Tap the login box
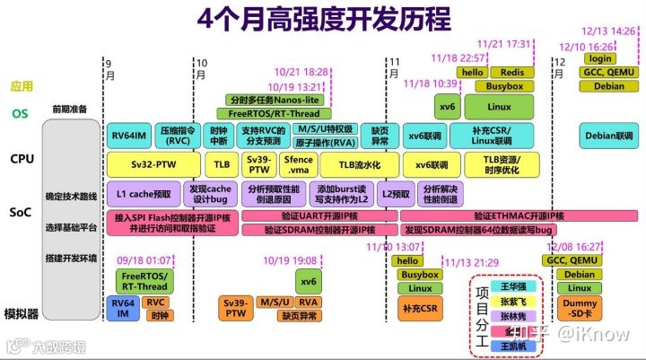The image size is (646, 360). [602, 58]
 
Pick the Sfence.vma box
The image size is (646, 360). [299, 165]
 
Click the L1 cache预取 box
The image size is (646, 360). [144, 193]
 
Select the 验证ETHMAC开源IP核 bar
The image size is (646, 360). [519, 215]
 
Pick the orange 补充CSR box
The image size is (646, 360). [419, 309]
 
